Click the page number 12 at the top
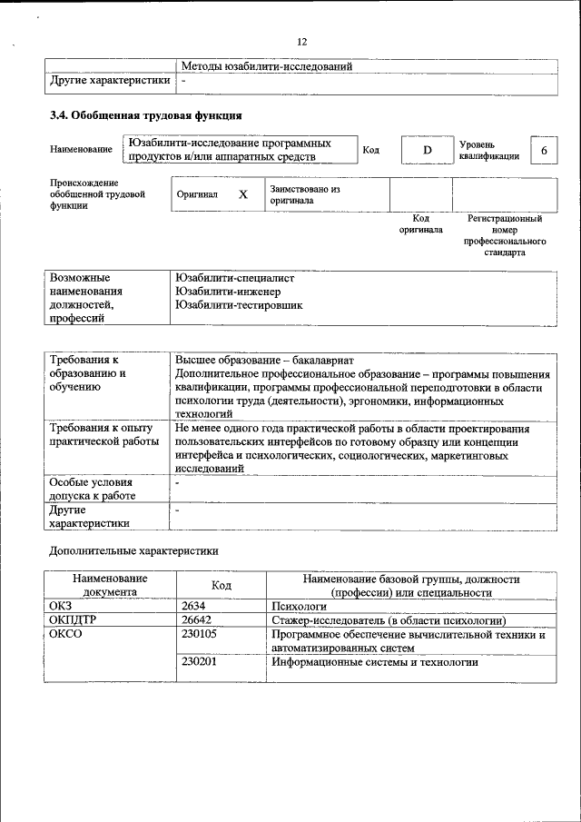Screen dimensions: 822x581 tap(302, 42)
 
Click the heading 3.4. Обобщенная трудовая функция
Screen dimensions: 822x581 tap(145, 116)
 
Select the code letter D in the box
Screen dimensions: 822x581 tap(426, 150)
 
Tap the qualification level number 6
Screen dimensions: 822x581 tap(543, 150)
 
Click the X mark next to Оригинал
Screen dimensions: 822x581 tap(242, 194)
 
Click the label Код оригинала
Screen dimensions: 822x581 tap(420, 224)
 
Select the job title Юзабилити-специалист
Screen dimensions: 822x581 tap(235, 277)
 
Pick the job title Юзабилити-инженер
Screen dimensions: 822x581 tap(228, 292)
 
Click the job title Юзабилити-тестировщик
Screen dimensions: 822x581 tap(239, 305)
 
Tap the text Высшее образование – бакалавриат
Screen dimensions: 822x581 tap(264, 360)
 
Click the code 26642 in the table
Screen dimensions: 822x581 tap(197, 620)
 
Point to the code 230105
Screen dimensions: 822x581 tap(199, 635)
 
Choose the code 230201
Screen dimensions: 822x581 tap(199, 662)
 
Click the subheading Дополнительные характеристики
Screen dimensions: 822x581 tap(133, 550)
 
